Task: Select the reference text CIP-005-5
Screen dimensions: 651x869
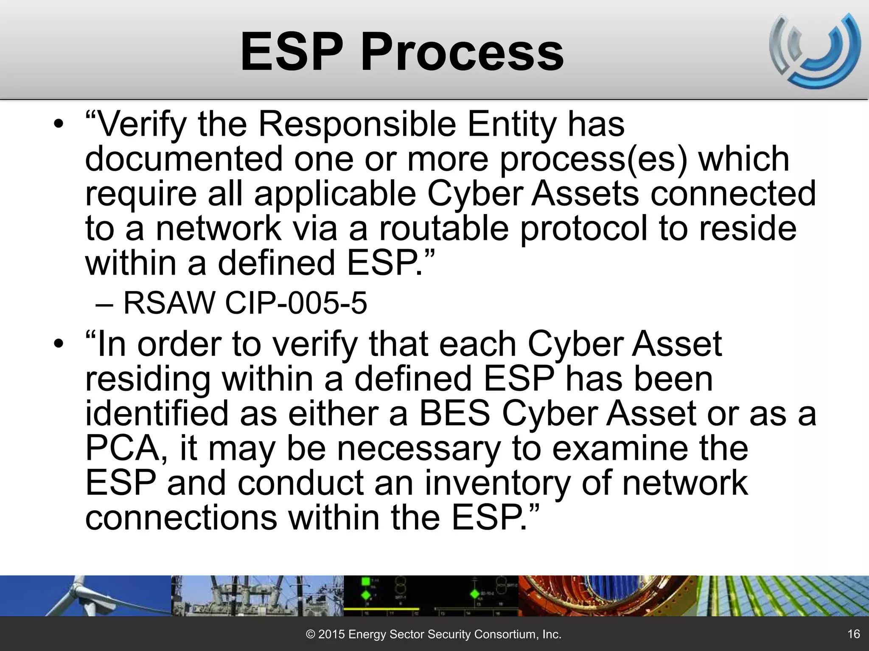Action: tap(296, 303)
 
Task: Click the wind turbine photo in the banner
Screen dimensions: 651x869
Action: tap(85, 595)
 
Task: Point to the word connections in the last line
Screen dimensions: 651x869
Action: tap(181, 517)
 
